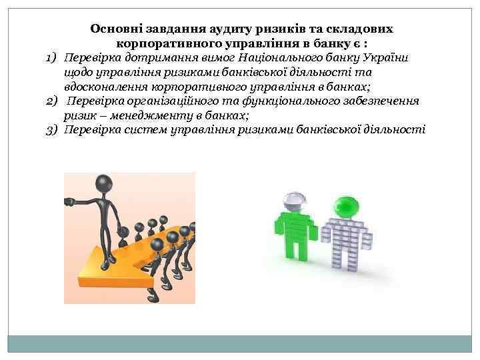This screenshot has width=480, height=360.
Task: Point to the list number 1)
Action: pyautogui.click(x=53, y=58)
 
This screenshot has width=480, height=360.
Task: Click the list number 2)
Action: pyautogui.click(x=53, y=101)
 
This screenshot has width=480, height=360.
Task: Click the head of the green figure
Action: pyautogui.click(x=345, y=206)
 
